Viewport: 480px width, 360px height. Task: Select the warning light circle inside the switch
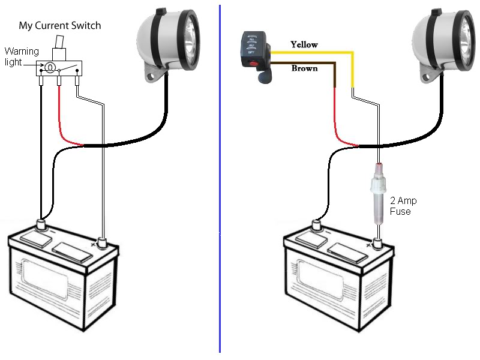click(51, 66)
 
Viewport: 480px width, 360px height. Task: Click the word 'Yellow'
click(304, 44)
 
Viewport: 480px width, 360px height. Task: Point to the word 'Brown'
click(304, 68)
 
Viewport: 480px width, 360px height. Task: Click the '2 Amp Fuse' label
click(403, 206)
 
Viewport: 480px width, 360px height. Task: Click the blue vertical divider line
click(220, 180)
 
